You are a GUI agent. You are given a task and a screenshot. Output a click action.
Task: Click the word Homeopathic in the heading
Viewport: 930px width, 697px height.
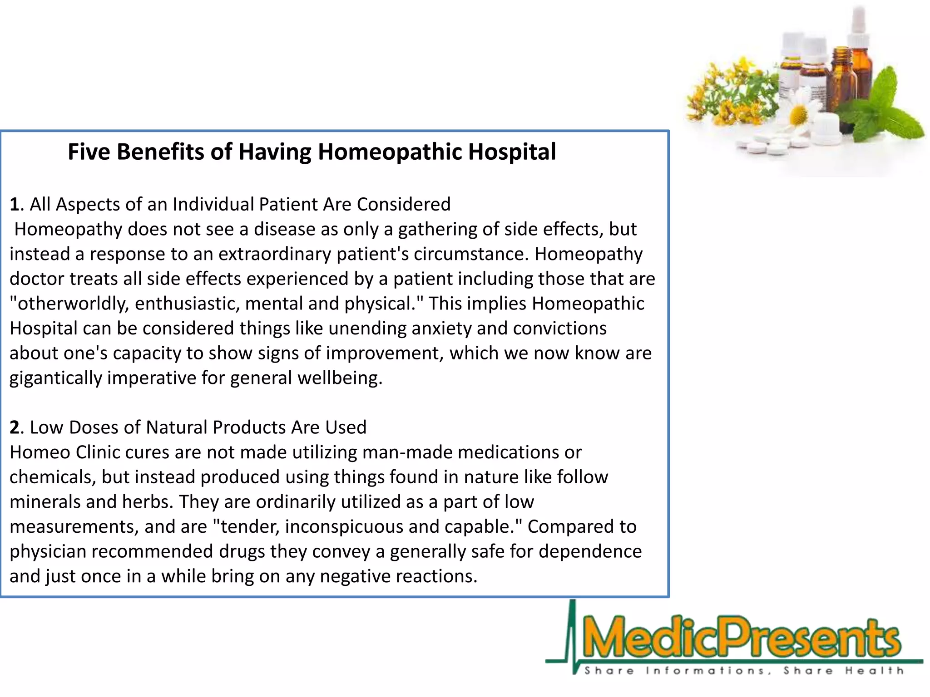click(392, 152)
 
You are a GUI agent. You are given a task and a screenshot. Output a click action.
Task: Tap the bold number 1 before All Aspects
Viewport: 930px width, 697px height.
click(15, 205)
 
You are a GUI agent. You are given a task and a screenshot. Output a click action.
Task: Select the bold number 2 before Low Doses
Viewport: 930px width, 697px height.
click(15, 427)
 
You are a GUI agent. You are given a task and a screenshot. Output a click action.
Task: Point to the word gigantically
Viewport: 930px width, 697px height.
click(56, 378)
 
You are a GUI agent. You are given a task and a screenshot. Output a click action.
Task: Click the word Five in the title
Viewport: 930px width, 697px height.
click(89, 152)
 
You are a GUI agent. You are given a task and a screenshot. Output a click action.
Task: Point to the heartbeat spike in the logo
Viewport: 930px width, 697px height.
click(572, 635)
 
